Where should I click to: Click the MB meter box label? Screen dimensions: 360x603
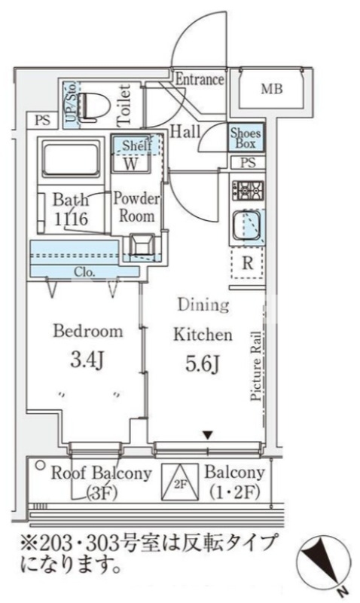coord(272,89)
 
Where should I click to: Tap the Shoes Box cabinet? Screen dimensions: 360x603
coord(246,138)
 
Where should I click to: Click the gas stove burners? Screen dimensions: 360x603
coord(248,191)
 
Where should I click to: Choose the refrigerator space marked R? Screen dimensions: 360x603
coord(248,263)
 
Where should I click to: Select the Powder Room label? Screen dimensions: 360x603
coord(136,207)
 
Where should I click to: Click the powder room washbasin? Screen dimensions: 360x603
coord(142,245)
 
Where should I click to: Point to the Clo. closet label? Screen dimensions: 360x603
coord(84,272)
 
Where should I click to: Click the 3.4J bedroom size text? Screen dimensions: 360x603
coord(87,360)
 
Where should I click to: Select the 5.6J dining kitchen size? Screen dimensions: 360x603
coord(203,364)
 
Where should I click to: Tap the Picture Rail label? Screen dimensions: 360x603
coord(256,366)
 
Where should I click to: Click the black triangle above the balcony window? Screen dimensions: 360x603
coord(208,436)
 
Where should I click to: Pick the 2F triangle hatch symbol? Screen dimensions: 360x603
coord(180,482)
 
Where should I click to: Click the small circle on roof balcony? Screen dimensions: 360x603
coord(40,466)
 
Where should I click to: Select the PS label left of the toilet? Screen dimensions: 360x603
coord(43,120)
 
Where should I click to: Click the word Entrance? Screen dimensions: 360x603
coord(200,80)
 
